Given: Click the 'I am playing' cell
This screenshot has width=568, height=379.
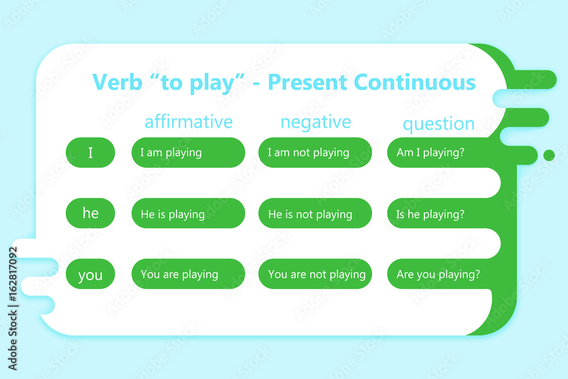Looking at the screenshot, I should pos(188,152).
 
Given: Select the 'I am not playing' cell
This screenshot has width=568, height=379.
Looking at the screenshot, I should pos(315,152).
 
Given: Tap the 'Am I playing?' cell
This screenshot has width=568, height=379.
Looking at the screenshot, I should pos(432,152).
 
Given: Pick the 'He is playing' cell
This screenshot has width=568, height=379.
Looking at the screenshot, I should pos(188,214).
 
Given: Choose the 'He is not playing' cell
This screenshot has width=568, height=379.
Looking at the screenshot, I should pos(315,214).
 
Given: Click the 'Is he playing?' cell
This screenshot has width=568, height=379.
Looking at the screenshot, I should pos(432,214).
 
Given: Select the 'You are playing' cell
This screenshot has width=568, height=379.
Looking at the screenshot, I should pos(188,274).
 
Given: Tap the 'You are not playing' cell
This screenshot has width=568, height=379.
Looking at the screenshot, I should pos(315,274).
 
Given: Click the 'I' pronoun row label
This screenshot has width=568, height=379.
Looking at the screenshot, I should pos(90,152).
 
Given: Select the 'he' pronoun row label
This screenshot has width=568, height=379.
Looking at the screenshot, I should pos(90,213).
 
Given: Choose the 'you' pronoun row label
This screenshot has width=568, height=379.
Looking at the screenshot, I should pos(90,274).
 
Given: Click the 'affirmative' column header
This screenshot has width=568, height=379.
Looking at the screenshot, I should pos(189,122).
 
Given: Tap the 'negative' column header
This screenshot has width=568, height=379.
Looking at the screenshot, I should pos(316,122).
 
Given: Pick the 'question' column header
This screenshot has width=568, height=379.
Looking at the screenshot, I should pos(438,124).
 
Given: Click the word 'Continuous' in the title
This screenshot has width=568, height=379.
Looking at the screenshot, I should pos(415,82).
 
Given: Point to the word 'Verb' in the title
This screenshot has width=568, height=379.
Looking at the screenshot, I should pos(118,82).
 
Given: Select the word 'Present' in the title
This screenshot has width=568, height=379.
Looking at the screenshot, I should pos(307,82).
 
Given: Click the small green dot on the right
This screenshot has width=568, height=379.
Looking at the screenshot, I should pos(549,155).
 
